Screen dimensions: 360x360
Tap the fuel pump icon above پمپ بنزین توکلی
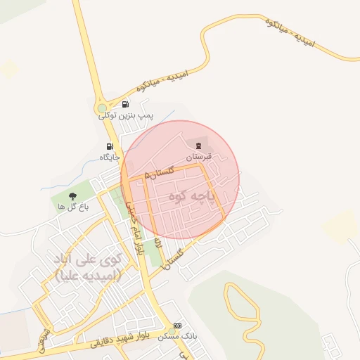tap(125, 104)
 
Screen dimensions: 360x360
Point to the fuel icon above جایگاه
tap(108, 146)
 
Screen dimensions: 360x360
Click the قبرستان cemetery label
tap(198, 155)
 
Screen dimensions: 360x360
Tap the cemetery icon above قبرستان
tap(198, 145)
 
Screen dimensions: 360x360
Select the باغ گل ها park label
tap(73, 206)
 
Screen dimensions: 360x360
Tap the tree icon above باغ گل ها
tap(73, 196)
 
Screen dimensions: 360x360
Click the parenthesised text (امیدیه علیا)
tap(87, 274)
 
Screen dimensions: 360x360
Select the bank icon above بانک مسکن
tap(177, 326)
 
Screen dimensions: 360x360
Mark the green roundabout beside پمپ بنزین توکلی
tap(103, 108)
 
